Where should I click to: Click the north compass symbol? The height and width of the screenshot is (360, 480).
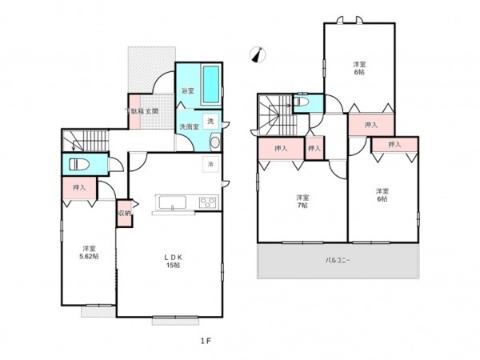coord(256,54)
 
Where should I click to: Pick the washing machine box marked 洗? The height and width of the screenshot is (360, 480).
coord(210,121)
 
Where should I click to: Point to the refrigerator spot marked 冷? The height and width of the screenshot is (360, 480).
coord(210,164)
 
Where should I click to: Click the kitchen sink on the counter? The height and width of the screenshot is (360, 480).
coord(172,202)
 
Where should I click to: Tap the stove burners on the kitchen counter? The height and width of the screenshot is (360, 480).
coord(208,202)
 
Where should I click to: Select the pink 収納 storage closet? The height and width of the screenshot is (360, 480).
coord(124,214)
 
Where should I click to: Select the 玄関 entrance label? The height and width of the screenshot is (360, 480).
coord(151,111)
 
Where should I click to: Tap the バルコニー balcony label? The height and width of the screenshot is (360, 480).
coord(338,261)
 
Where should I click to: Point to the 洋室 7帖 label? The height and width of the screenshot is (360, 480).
coord(301,201)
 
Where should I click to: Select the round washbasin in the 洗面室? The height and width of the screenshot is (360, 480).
coord(214,142)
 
